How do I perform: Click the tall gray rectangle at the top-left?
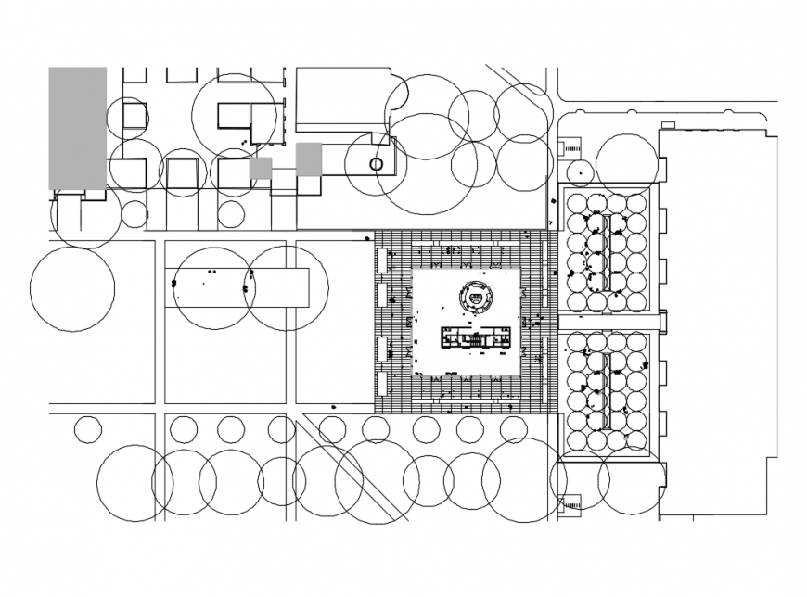coord(77,127)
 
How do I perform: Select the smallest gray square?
coord(261,169)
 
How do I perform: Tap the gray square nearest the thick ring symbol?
coord(309,159)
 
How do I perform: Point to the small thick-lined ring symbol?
coord(376,164)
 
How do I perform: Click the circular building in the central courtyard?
coord(476,298)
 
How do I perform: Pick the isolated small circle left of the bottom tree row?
coord(87,429)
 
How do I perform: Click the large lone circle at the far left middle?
coord(72,289)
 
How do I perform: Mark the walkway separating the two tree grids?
coord(609,321)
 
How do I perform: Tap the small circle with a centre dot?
coord(580,171)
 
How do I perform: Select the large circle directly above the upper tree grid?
coord(627,164)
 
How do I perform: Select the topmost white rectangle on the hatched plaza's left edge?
coord(381,259)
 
